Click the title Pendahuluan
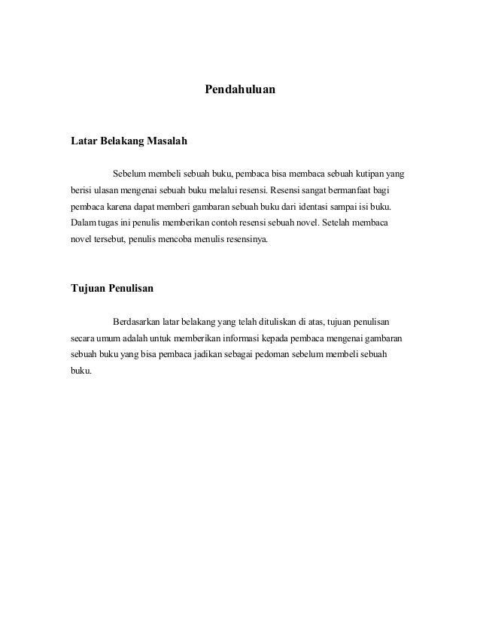[240, 89]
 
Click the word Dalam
[83, 223]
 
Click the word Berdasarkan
[138, 323]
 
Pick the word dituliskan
[276, 323]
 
